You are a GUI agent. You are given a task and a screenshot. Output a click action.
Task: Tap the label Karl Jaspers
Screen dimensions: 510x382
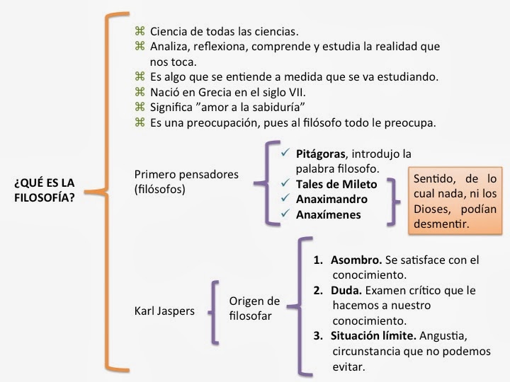[164, 310]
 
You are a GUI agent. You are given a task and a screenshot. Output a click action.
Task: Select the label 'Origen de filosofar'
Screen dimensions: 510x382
[254, 308]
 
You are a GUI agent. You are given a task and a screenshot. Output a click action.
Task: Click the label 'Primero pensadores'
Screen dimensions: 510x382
[186, 174]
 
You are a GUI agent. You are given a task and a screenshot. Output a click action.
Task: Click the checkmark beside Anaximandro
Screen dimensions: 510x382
[285, 199]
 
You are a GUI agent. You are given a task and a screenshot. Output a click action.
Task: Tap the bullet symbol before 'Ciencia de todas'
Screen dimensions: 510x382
[139, 31]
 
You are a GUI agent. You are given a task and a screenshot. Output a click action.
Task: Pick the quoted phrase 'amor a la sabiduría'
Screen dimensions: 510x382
[259, 107]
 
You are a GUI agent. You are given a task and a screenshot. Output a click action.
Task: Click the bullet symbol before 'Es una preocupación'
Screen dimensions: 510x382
[139, 122]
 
